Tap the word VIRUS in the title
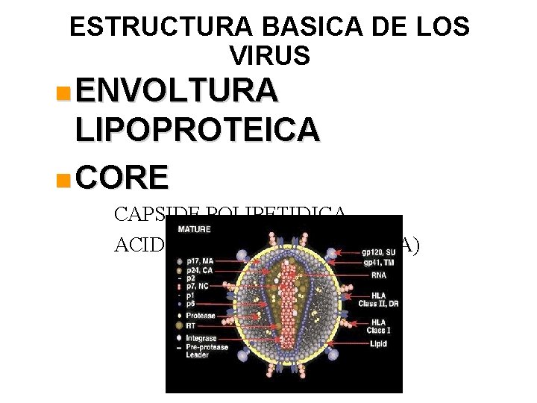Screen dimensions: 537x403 (269, 54)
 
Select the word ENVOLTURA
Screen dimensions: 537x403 (177, 92)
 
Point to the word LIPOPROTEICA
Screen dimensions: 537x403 (198, 130)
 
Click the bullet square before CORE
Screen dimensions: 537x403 (65, 179)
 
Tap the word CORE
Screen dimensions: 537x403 (122, 178)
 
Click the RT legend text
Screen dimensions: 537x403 (190, 326)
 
